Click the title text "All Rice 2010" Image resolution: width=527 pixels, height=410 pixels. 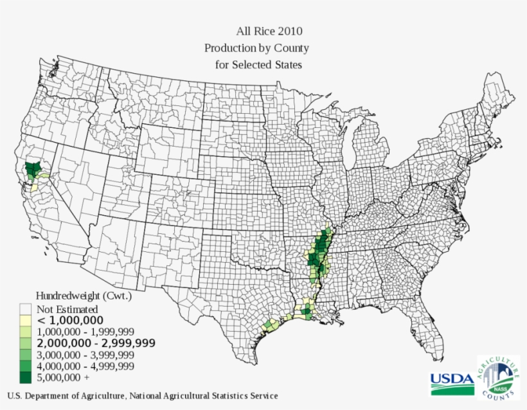point(269,31)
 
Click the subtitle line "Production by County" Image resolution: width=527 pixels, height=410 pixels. point(256,48)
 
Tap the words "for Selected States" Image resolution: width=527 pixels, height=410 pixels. point(258,65)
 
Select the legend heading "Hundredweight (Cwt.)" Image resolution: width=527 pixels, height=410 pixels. point(84,296)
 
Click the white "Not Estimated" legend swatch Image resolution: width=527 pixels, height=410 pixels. point(26,309)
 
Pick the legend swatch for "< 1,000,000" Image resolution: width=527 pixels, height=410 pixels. point(26,320)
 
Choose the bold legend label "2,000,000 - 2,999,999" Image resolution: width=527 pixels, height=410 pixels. point(96,343)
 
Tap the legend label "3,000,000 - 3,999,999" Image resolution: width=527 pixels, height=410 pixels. point(85,355)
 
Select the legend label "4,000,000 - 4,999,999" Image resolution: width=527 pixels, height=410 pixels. point(85,366)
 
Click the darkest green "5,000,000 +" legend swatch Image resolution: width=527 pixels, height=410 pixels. point(26,377)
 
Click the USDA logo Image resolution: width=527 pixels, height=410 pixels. point(451,382)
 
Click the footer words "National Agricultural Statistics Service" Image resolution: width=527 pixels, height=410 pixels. point(204,396)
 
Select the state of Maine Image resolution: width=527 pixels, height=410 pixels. point(501,103)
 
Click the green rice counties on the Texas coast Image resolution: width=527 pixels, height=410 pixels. point(269,325)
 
